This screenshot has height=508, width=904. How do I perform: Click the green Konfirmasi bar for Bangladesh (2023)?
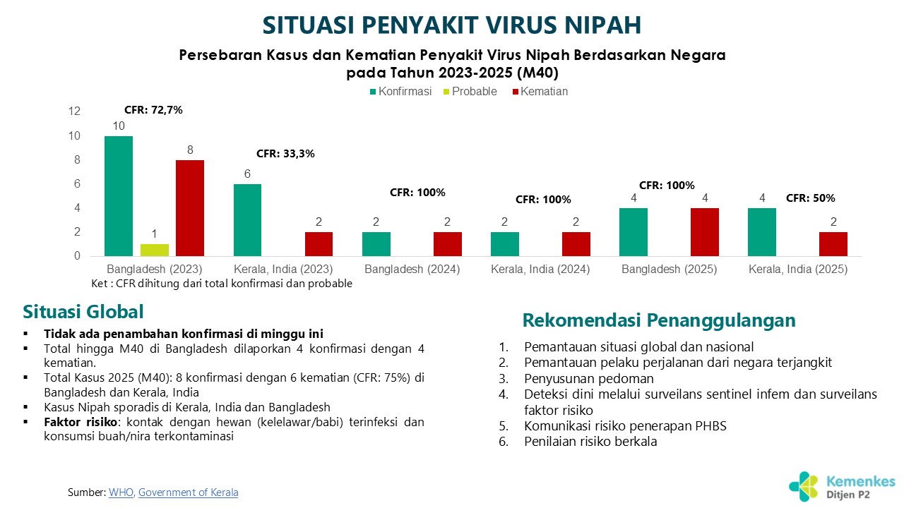(119, 196)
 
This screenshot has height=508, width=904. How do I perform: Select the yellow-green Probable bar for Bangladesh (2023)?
(155, 250)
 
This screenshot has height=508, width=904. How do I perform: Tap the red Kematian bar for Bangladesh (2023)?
(190, 208)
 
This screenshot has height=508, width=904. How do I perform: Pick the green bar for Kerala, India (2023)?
(247, 220)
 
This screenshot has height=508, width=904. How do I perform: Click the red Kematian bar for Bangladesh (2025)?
(705, 232)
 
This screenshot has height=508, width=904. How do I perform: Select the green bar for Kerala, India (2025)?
(762, 232)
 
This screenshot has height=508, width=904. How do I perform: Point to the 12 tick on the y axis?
(75, 111)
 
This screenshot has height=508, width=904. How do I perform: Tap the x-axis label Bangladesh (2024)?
(412, 270)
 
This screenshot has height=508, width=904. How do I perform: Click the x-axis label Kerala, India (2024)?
(540, 270)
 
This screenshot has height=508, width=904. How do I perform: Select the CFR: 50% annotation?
(811, 198)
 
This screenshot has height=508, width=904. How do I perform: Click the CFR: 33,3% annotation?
(285, 153)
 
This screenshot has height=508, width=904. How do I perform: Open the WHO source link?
(121, 492)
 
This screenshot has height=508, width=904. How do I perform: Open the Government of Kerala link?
(188, 492)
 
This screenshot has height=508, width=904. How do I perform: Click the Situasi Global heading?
(83, 312)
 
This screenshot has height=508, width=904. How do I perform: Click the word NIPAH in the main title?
(598, 25)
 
